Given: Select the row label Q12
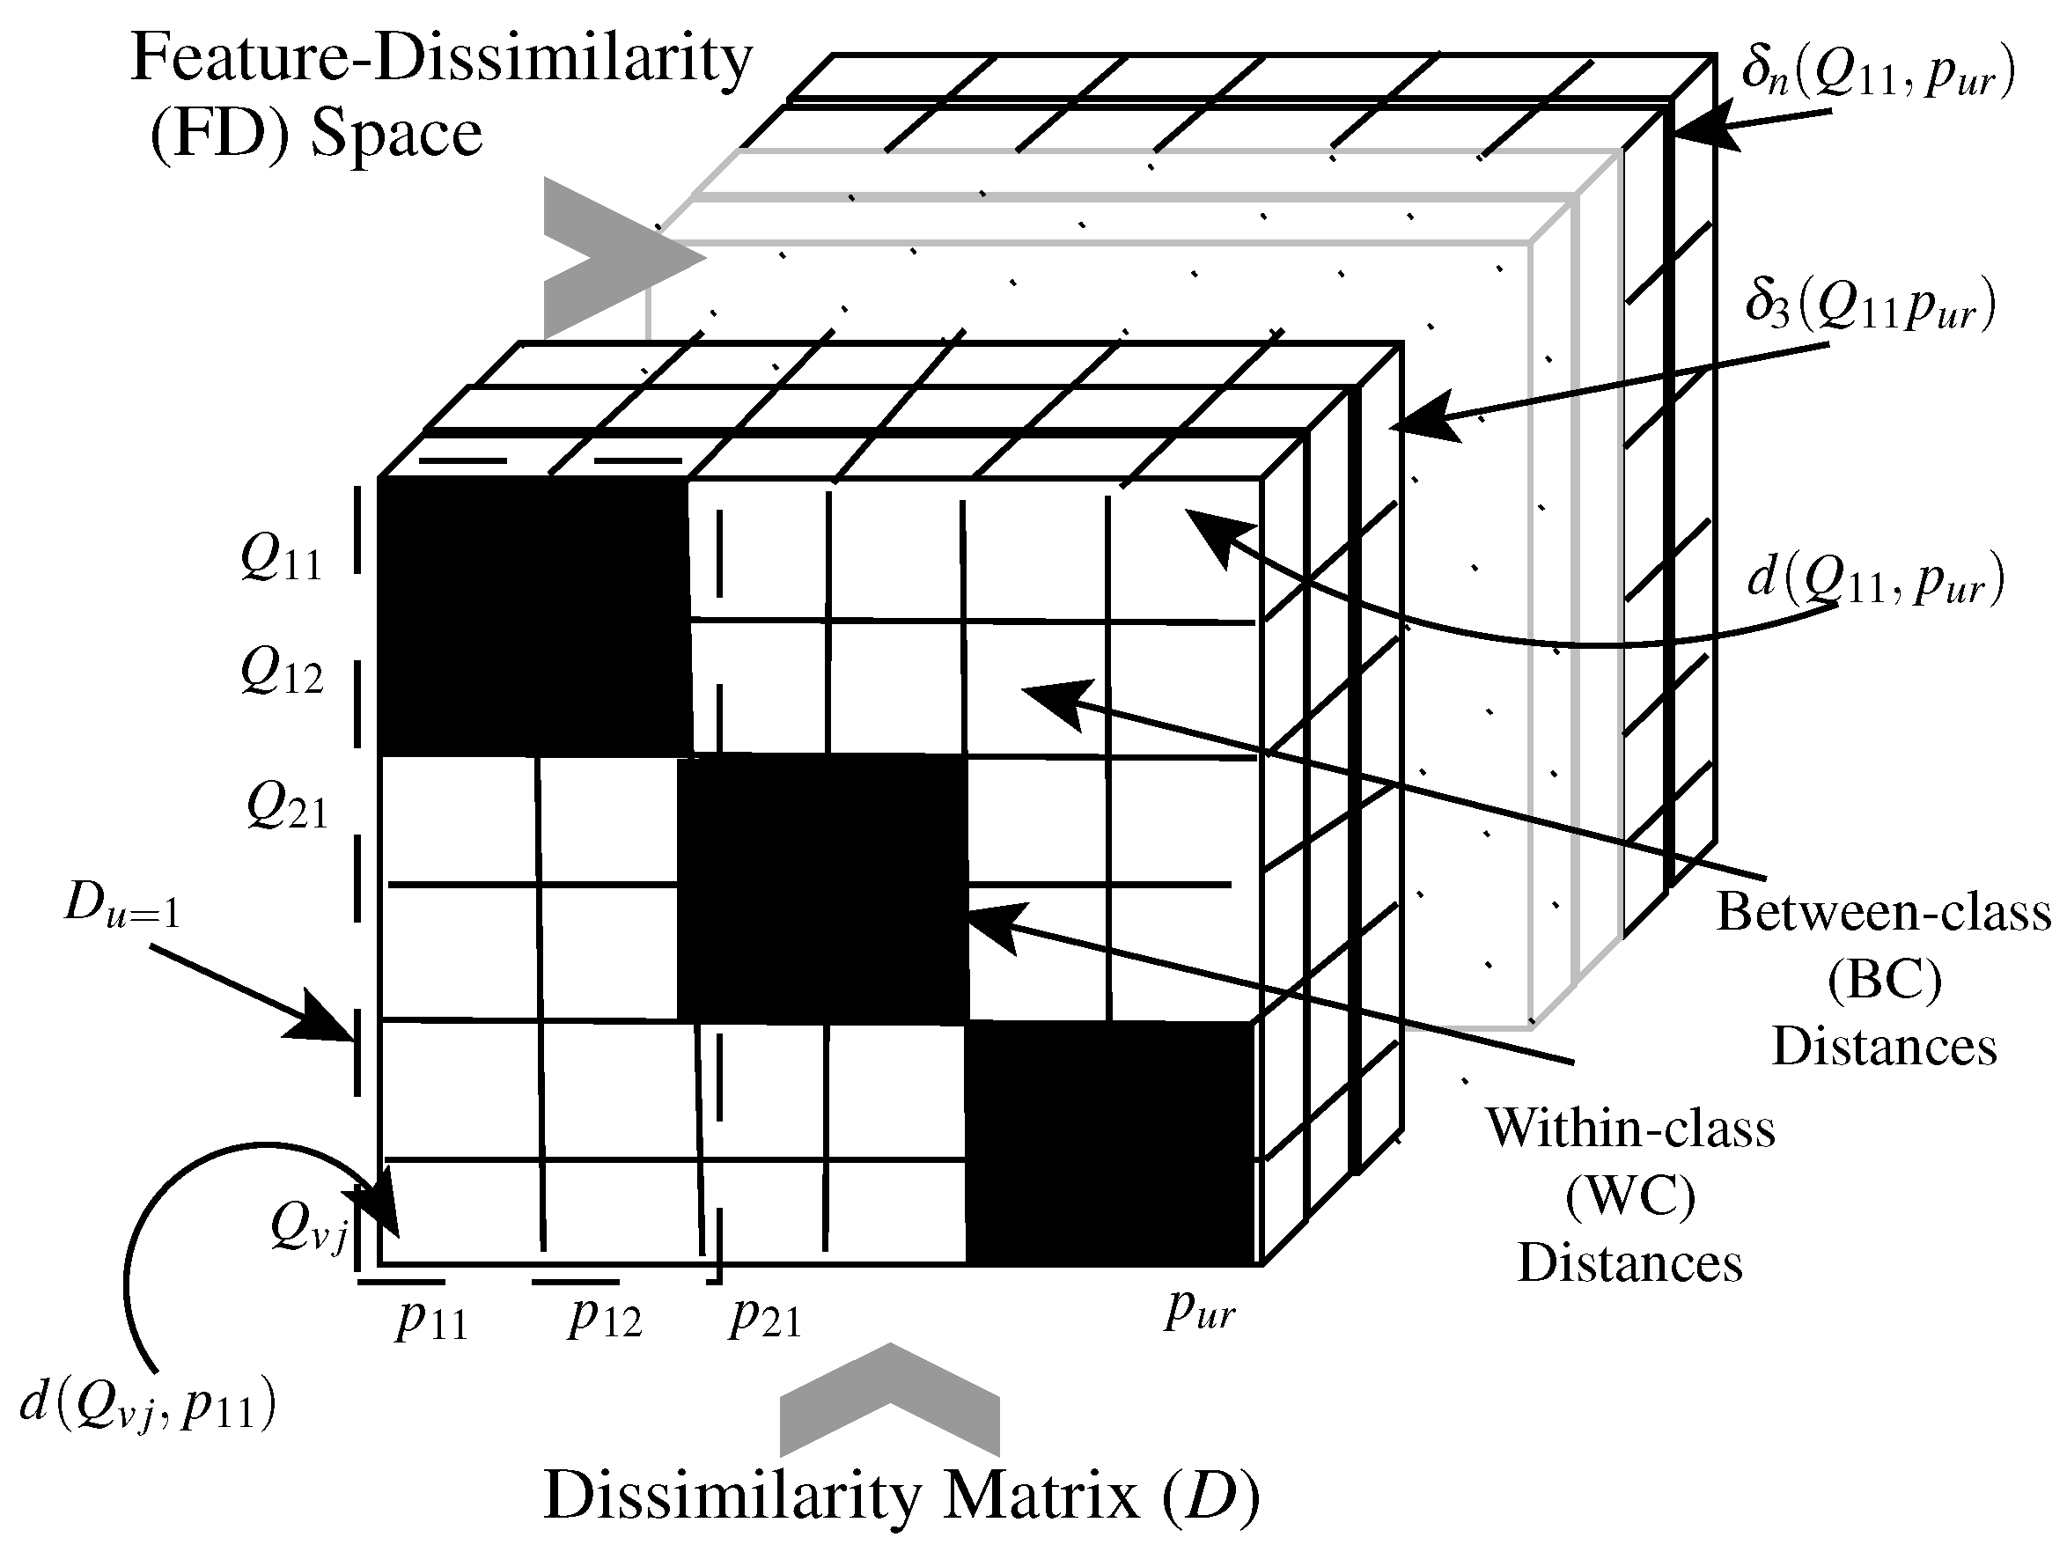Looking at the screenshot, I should [283, 673].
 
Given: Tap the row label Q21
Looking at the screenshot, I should [287, 806].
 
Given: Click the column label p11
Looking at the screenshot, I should [430, 1320].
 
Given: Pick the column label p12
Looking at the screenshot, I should [605, 1318].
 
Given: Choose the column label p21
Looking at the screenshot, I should [765, 1318].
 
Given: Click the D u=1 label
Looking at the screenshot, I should [121, 906].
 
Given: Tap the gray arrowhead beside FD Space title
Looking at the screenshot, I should [612, 257].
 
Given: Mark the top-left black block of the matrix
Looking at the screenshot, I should [533, 617].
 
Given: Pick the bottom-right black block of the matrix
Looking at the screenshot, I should [1110, 1143].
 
